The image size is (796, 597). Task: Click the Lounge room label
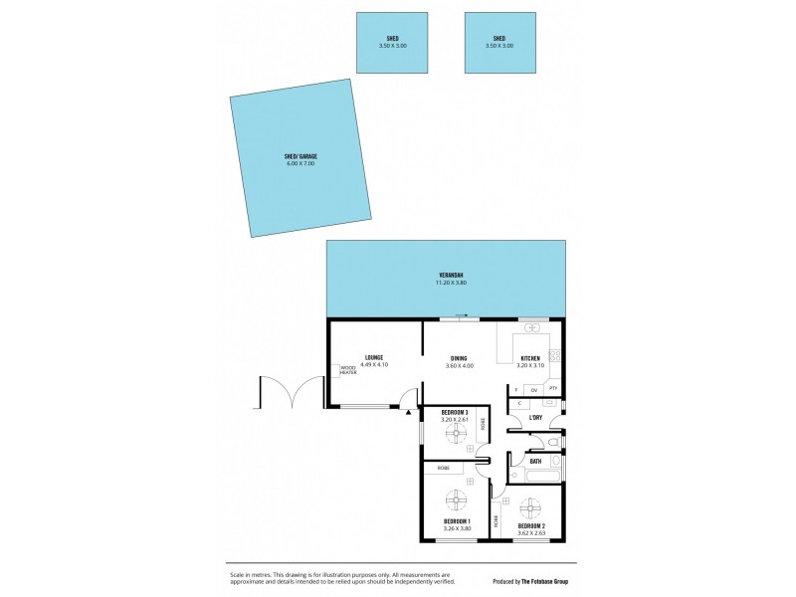374,357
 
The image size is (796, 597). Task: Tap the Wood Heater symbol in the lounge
348,370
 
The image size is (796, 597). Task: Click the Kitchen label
529,358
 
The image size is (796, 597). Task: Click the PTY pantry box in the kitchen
554,388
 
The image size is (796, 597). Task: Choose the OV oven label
534,388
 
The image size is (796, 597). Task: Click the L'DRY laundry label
534,417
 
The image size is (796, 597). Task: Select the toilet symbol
556,441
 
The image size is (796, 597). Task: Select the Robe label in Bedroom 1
443,468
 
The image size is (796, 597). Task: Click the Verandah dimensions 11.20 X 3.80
451,284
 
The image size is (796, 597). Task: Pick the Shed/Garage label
299,157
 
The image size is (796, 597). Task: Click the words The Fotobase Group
543,581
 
